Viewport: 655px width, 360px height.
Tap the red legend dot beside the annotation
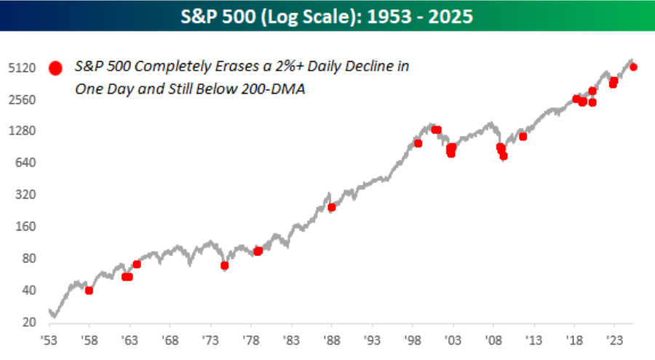55,68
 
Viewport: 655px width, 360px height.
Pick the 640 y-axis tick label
25,163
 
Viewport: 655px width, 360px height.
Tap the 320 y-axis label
25,195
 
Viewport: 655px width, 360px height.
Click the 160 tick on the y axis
25,226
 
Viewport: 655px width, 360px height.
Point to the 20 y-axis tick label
28,322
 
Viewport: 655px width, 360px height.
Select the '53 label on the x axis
49,340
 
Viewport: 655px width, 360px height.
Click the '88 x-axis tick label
332,340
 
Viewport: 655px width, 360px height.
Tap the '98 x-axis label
413,340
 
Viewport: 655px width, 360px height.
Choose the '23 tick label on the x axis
614,340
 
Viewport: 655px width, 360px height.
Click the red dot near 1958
89,290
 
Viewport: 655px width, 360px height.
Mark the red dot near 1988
332,207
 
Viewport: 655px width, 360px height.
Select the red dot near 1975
225,265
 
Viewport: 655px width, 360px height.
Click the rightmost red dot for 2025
633,67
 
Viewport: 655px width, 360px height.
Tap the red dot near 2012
523,137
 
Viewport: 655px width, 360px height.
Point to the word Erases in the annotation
226,67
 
